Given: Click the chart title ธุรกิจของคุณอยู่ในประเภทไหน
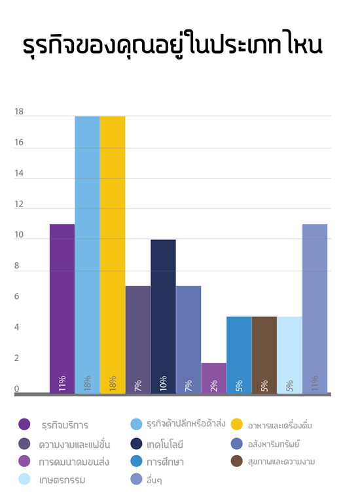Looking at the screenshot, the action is pyautogui.click(x=173, y=45).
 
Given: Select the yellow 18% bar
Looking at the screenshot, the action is pyautogui.click(x=113, y=255).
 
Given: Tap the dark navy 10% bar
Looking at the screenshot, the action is pyautogui.click(x=163, y=316).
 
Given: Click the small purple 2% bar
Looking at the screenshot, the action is pyautogui.click(x=213, y=378).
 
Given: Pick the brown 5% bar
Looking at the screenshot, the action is pyautogui.click(x=264, y=355).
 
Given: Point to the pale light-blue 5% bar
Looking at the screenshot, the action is pyautogui.click(x=289, y=355).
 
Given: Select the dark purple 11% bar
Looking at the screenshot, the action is pyautogui.click(x=62, y=309).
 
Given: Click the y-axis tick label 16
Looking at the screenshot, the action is pyautogui.click(x=19, y=143).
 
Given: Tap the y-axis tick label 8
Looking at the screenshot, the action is pyautogui.click(x=17, y=265).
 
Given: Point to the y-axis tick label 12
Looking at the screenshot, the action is pyautogui.click(x=19, y=204).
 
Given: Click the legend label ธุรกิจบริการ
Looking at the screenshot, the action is pyautogui.click(x=65, y=425).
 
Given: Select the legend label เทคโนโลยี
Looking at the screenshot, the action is pyautogui.click(x=165, y=445).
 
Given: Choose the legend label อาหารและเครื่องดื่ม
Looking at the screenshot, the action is pyautogui.click(x=279, y=425).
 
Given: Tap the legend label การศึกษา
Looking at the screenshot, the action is pyautogui.click(x=165, y=462).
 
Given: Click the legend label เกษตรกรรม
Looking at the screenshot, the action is pyautogui.click(x=62, y=480).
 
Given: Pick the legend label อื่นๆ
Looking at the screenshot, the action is pyautogui.click(x=154, y=480).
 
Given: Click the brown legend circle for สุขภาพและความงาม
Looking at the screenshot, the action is pyautogui.click(x=237, y=461).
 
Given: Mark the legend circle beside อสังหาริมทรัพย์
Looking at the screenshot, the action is pyautogui.click(x=237, y=443).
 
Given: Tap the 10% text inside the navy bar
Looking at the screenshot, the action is pyautogui.click(x=163, y=383).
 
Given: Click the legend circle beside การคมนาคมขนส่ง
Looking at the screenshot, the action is pyautogui.click(x=24, y=461).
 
